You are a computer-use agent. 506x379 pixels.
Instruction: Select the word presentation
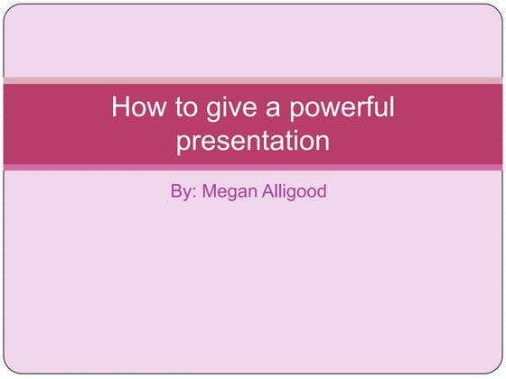[253, 142]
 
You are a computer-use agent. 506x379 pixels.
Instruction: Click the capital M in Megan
[210, 191]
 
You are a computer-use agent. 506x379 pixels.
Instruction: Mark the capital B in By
[175, 191]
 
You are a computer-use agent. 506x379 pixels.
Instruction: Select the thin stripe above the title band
[253, 80]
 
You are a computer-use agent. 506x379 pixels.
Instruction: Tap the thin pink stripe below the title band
[253, 167]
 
